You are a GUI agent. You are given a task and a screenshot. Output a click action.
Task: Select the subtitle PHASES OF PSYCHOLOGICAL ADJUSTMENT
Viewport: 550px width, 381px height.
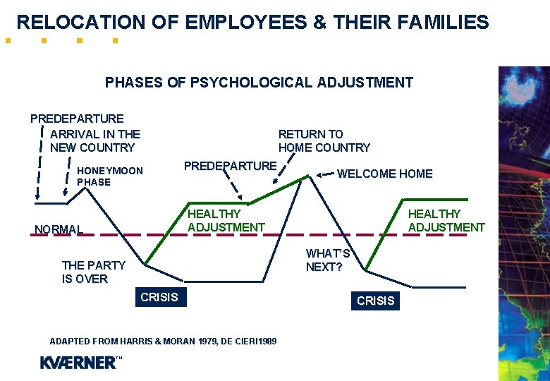coord(259,83)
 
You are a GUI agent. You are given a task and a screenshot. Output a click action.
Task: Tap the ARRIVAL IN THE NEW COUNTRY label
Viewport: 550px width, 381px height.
coord(94,140)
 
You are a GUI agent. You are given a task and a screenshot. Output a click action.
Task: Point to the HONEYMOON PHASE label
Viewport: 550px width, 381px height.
coord(109,176)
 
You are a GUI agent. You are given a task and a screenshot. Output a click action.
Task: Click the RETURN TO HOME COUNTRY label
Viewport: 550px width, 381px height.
coord(324,140)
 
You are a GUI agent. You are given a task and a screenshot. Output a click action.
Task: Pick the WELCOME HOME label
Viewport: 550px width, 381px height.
coord(384,174)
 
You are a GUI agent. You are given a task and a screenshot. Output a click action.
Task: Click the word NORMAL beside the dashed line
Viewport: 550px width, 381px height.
coord(59,229)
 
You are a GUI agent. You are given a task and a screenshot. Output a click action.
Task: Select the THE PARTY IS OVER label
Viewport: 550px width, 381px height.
coord(93,272)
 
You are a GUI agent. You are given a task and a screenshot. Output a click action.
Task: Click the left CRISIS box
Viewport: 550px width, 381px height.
coord(159,297)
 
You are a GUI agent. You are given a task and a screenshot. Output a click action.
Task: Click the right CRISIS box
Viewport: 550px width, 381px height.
coord(376,301)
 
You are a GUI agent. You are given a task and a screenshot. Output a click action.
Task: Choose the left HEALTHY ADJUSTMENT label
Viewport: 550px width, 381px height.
coord(226,220)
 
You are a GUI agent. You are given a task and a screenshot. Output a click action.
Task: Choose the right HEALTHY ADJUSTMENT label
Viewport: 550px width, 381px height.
coord(446,220)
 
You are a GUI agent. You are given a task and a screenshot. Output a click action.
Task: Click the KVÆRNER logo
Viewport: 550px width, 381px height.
coord(80,363)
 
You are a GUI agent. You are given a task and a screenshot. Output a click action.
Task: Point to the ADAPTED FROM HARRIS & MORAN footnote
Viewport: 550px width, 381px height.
coord(163,341)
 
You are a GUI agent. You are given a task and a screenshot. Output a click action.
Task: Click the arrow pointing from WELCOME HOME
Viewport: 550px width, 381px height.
coord(325,174)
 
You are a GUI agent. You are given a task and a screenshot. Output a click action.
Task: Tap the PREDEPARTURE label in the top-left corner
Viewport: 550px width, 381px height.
coord(77,119)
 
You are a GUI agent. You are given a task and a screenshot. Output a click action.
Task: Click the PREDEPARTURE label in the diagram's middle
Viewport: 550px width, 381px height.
coord(230,166)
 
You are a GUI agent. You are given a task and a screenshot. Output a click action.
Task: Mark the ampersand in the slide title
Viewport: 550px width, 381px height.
coord(319,23)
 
